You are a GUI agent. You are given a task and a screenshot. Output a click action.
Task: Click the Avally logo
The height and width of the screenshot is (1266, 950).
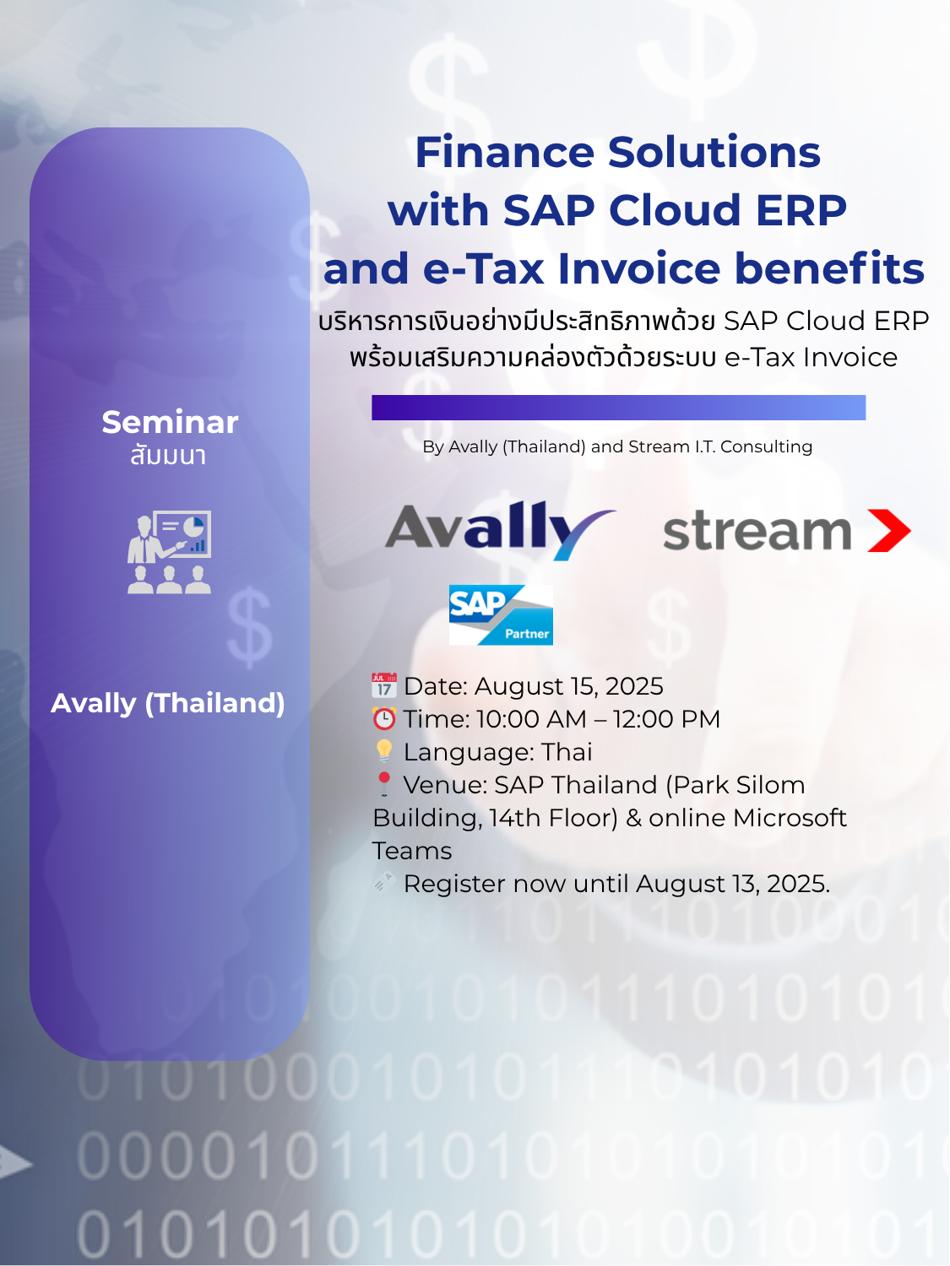pyautogui.click(x=500, y=530)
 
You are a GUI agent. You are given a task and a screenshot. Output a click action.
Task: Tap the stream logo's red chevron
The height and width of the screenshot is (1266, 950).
pyautogui.click(x=889, y=530)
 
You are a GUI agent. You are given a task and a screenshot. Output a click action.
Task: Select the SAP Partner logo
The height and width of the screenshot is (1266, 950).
pyautogui.click(x=501, y=614)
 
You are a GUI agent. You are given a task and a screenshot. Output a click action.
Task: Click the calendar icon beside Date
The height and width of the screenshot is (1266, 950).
pyautogui.click(x=384, y=685)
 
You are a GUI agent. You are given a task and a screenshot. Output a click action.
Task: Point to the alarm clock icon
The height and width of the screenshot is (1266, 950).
pyautogui.click(x=384, y=718)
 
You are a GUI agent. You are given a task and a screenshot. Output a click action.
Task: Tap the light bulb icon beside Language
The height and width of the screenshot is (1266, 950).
pyautogui.click(x=384, y=751)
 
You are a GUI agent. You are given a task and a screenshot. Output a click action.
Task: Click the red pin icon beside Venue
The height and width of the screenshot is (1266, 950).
pyautogui.click(x=384, y=784)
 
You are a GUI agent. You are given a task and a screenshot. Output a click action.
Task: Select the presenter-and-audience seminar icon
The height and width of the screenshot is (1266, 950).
pyautogui.click(x=169, y=552)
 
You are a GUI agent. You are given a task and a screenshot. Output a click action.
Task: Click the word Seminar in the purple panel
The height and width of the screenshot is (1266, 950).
pyautogui.click(x=171, y=422)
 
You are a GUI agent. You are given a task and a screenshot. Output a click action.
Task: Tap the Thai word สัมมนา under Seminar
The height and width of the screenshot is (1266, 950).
pyautogui.click(x=168, y=456)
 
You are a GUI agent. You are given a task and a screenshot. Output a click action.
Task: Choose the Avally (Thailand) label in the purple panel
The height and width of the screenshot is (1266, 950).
pyautogui.click(x=168, y=703)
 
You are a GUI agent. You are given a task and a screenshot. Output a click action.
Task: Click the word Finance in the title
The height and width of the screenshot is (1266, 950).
pyautogui.click(x=505, y=152)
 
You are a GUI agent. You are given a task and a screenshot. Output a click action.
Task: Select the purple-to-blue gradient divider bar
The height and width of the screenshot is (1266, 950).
pyautogui.click(x=618, y=407)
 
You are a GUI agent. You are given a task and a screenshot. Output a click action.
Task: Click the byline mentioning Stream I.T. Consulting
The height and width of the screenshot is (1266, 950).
pyautogui.click(x=617, y=446)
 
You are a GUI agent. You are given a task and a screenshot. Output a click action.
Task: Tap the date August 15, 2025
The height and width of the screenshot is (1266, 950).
pyautogui.click(x=568, y=686)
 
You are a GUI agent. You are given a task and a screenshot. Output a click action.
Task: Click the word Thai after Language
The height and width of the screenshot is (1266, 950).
pyautogui.click(x=567, y=751)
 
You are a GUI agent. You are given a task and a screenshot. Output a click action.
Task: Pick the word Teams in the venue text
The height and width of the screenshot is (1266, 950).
pyautogui.click(x=412, y=851)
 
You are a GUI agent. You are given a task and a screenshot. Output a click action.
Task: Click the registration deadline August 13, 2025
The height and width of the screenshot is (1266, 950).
pyautogui.click(x=733, y=884)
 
